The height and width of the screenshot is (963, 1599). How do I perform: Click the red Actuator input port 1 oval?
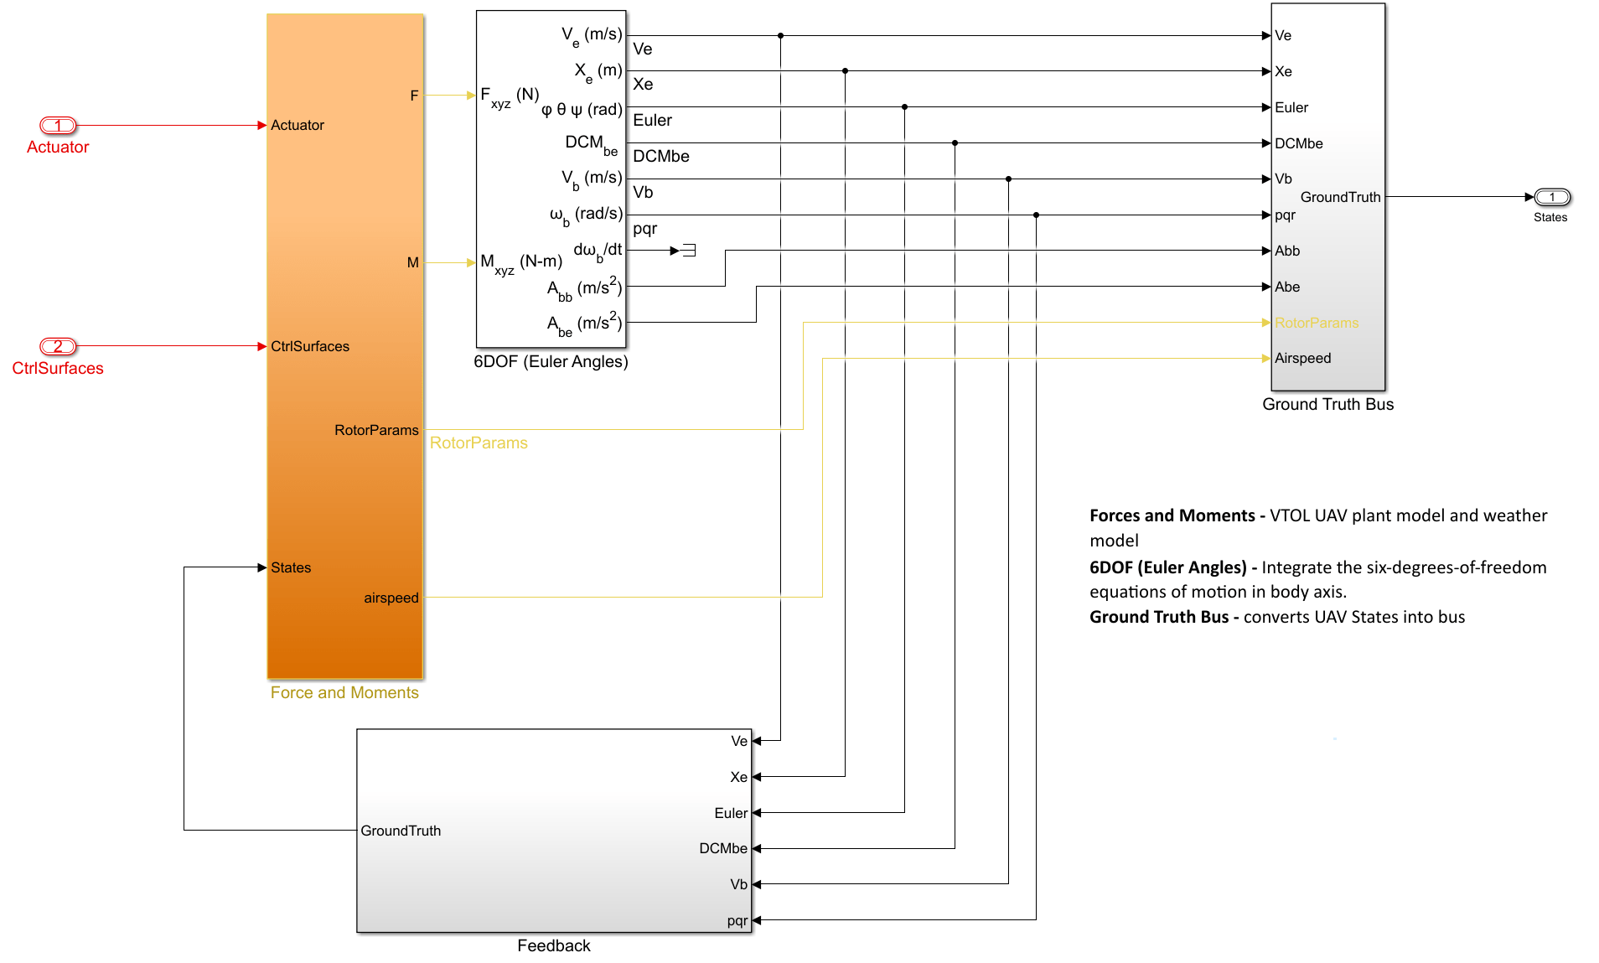(x=58, y=126)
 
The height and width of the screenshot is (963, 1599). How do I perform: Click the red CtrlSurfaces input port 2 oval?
(x=58, y=346)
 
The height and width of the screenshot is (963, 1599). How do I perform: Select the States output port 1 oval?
(x=1551, y=198)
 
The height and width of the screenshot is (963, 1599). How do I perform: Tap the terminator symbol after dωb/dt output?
(x=689, y=251)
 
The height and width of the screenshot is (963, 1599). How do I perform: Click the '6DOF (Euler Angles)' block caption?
(x=551, y=362)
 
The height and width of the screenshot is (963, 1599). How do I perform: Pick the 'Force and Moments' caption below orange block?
(x=344, y=693)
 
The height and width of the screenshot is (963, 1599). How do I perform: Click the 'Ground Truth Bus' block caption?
(x=1327, y=405)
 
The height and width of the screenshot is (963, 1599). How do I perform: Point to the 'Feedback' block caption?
(x=554, y=946)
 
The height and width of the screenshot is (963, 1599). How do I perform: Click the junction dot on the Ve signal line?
(x=780, y=36)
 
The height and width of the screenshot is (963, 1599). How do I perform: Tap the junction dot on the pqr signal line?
(x=1036, y=215)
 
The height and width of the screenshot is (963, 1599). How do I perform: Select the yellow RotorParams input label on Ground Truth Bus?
(x=1316, y=324)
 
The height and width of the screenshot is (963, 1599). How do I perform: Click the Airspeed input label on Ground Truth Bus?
(x=1302, y=359)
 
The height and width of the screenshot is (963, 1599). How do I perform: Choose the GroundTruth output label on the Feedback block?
(x=401, y=831)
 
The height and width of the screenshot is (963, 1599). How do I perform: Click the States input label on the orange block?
(x=291, y=568)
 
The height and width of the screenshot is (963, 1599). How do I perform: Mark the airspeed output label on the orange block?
(x=391, y=598)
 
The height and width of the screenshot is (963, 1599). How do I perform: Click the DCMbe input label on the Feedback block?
(x=722, y=849)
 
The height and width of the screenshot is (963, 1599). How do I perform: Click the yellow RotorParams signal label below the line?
(x=479, y=443)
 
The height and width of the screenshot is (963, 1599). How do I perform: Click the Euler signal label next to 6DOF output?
(x=652, y=121)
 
